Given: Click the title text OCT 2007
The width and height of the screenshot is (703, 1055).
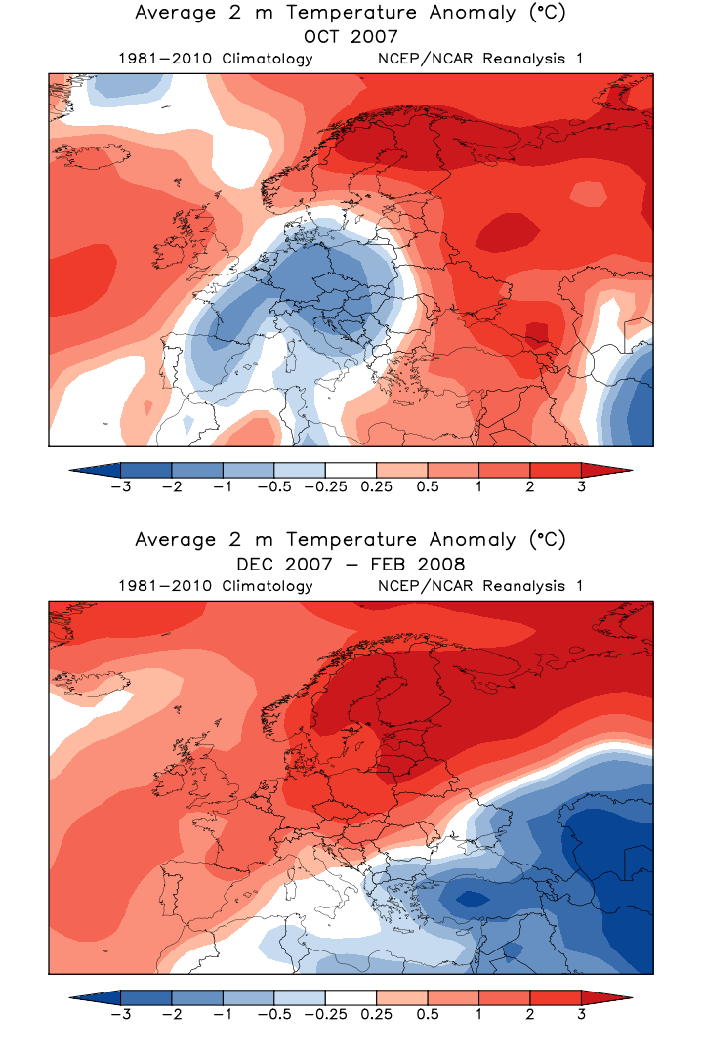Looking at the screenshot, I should click(351, 36).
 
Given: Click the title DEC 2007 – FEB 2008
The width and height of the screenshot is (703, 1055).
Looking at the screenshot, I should click(351, 564).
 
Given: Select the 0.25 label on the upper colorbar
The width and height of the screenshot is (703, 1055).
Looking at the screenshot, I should click(376, 486).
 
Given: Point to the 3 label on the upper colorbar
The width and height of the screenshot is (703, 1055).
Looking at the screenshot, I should click(581, 486).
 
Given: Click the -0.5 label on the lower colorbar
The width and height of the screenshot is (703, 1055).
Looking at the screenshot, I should click(274, 1014).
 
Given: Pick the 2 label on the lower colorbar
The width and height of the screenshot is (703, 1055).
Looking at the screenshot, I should click(530, 1014).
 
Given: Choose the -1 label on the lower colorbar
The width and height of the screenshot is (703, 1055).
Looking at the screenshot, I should click(223, 1014).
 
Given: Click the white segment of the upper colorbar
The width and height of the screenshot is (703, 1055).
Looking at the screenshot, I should click(351, 469).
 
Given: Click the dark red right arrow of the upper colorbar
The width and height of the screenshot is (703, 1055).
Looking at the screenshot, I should click(605, 469).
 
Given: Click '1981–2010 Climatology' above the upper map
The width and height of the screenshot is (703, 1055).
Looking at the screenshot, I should click(216, 59).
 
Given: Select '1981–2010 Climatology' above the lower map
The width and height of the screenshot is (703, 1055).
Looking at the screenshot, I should click(216, 586).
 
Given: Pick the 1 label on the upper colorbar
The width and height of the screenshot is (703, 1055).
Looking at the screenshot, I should click(478, 486).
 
